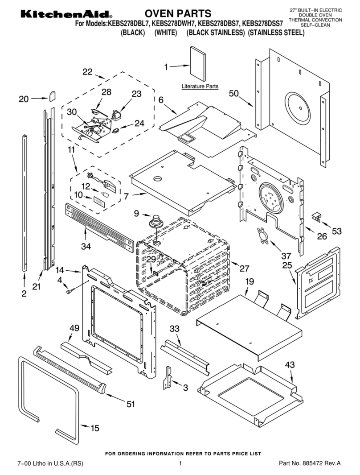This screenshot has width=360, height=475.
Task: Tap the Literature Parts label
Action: coord(200,86)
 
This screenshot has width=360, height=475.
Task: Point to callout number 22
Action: coord(87,71)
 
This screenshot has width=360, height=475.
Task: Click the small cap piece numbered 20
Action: coord(53,95)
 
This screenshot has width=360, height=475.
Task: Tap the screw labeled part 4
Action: coord(70,291)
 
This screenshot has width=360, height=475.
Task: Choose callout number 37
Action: coord(286,256)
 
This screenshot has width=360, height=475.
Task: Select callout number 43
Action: coord(290,365)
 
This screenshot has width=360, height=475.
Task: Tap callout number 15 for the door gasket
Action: coord(95,429)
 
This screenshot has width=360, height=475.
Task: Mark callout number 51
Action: coord(131,404)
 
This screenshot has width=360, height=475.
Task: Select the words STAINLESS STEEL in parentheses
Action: coord(276,33)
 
